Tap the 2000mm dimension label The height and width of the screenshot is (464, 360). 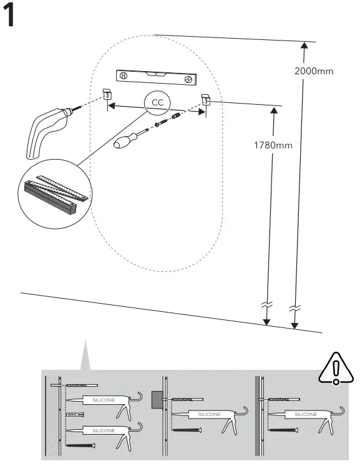[x=314, y=70]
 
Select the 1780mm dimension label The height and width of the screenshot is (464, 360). [x=273, y=145]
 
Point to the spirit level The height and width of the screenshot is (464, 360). [x=157, y=77]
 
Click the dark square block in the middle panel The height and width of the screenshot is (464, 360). [x=157, y=399]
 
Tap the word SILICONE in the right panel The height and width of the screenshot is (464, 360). [x=305, y=414]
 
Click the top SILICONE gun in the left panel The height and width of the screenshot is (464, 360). [x=107, y=399]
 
